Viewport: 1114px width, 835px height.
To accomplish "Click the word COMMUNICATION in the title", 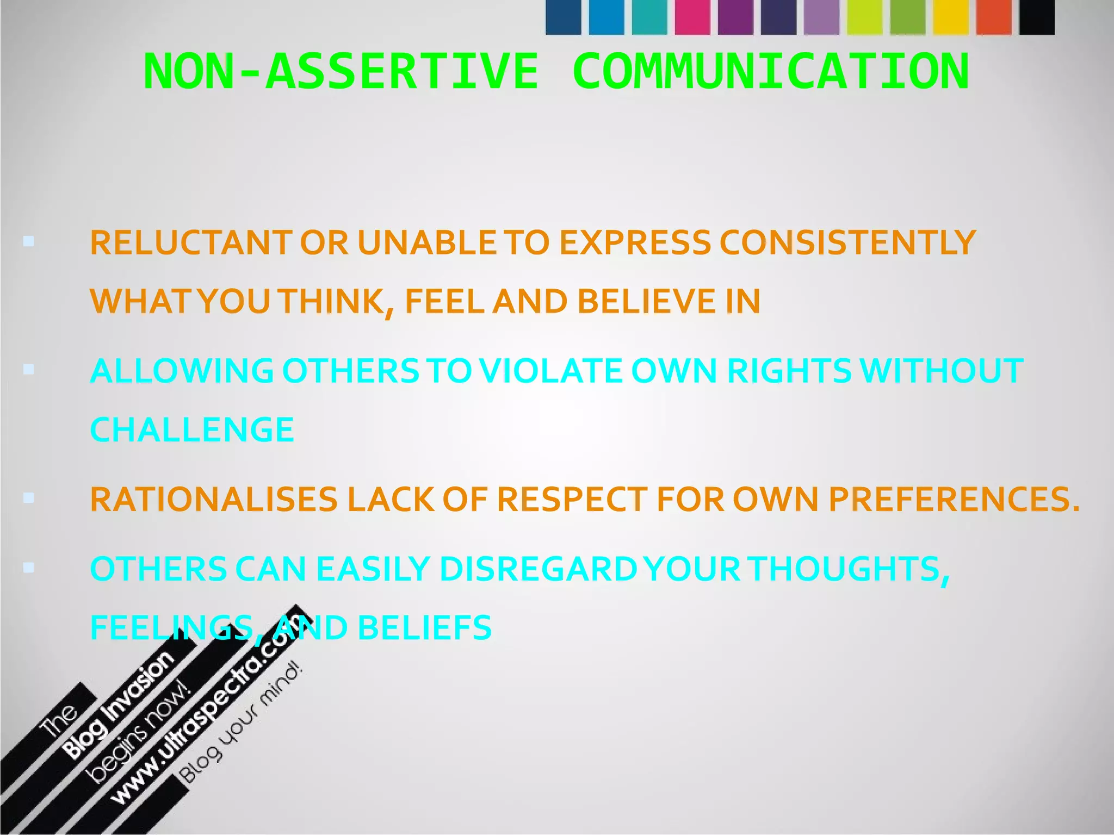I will coord(770,71).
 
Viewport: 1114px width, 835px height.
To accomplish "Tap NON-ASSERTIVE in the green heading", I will coord(341,71).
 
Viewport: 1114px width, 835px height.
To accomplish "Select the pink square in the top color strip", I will coord(692,17).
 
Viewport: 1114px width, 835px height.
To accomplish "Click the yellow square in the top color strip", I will coord(950,17).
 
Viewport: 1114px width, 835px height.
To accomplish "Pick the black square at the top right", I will coord(1037,17).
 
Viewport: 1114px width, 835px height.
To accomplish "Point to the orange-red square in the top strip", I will coord(994,17).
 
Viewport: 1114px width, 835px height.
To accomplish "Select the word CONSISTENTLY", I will coord(847,242).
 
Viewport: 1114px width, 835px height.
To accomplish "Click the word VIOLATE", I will coord(550,371).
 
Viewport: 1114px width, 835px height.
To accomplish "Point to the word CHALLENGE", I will coord(192,430).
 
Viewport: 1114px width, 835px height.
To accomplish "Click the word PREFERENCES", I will coord(954,500).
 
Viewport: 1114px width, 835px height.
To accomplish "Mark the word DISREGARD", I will coord(538,569).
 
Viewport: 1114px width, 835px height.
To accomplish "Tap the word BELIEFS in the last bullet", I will coord(424,627).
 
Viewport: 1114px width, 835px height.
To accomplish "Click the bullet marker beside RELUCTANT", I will coord(29,241).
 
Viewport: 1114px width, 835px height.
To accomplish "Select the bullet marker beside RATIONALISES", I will coord(29,498).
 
